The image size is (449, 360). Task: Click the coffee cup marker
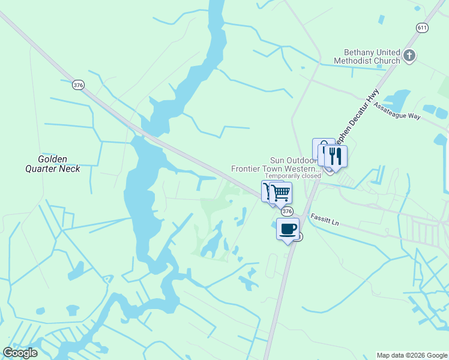[288, 229]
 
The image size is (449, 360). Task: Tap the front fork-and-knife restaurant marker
[336, 156]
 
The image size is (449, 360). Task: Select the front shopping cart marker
[281, 193]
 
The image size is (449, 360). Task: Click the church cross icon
[409, 56]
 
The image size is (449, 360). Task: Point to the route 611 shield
[423, 27]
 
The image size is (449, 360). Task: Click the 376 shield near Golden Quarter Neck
[78, 85]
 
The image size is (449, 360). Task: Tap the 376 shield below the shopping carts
[288, 212]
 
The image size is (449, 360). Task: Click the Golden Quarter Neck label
[53, 164]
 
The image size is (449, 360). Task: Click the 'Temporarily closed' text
[293, 176]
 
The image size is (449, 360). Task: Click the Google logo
[20, 352]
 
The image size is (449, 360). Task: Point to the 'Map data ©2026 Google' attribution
[411, 355]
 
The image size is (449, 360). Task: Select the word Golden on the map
[53, 159]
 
